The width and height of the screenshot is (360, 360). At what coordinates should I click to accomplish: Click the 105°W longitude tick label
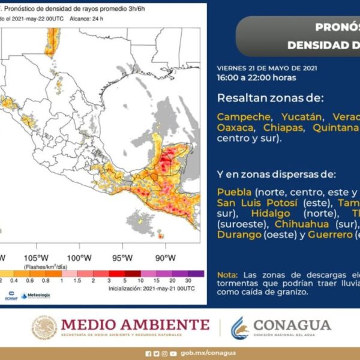(x=37, y=257)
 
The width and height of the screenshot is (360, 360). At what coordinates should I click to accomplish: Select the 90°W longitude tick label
(x=165, y=257)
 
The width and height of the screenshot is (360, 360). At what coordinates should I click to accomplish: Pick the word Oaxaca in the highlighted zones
(x=236, y=128)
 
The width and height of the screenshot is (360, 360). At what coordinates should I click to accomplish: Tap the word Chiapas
(x=283, y=128)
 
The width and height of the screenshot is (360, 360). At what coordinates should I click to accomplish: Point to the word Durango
(x=238, y=235)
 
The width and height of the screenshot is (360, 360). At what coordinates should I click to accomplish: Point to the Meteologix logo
(x=36, y=295)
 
